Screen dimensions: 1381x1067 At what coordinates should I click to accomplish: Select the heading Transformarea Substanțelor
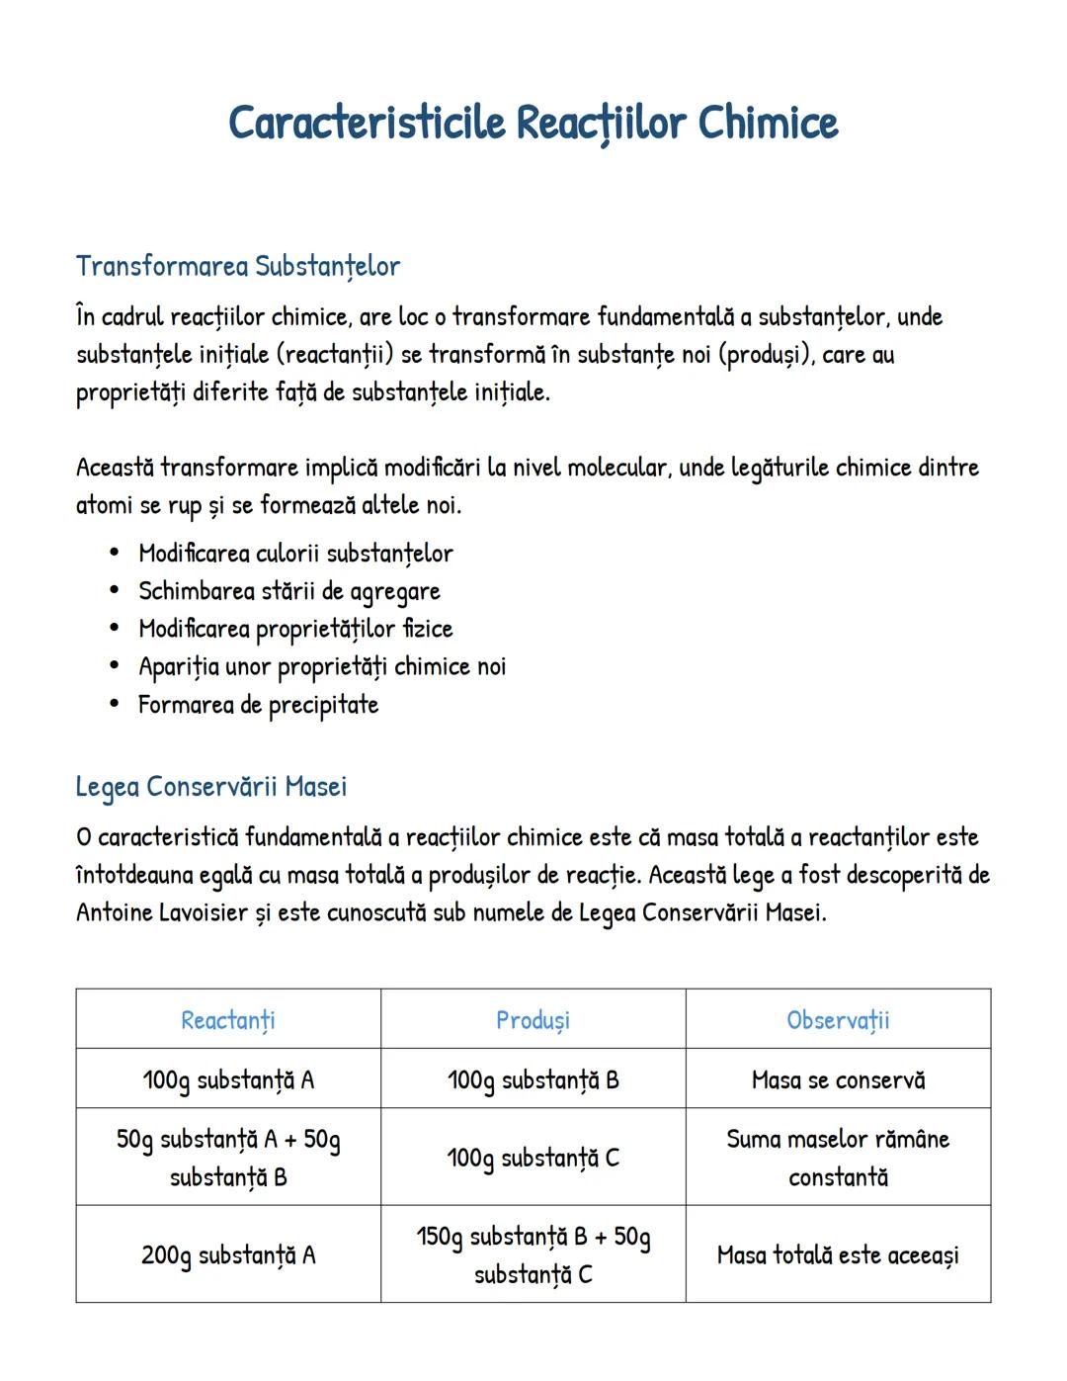pos(238,266)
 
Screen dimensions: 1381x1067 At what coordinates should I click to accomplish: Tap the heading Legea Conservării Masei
pos(211,787)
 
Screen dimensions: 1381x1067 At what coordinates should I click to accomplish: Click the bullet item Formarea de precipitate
pos(258,705)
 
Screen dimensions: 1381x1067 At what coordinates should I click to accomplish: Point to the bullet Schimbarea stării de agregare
pos(288,591)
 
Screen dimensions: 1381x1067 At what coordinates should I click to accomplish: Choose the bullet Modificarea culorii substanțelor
pos(295,554)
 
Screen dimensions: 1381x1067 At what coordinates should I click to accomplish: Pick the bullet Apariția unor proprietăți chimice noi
pos(321,667)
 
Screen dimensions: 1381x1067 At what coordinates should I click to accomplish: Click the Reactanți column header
pos(228,1020)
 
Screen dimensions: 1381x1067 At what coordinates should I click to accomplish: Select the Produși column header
pos(533,1020)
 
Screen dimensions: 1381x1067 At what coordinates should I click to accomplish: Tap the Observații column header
pos(838,1020)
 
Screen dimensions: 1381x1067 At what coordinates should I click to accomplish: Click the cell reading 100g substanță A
pos(228,1079)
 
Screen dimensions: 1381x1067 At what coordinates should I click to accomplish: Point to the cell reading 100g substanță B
pos(533,1079)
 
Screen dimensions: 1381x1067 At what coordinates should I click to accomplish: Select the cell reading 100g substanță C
pos(533,1158)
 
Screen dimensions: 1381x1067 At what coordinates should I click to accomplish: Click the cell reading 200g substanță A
pos(228,1255)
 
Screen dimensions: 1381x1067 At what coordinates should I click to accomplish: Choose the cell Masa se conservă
pos(838,1079)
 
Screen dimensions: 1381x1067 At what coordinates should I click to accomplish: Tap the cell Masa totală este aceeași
pos(838,1255)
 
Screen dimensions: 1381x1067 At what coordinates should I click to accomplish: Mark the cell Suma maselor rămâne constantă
pos(838,1158)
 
